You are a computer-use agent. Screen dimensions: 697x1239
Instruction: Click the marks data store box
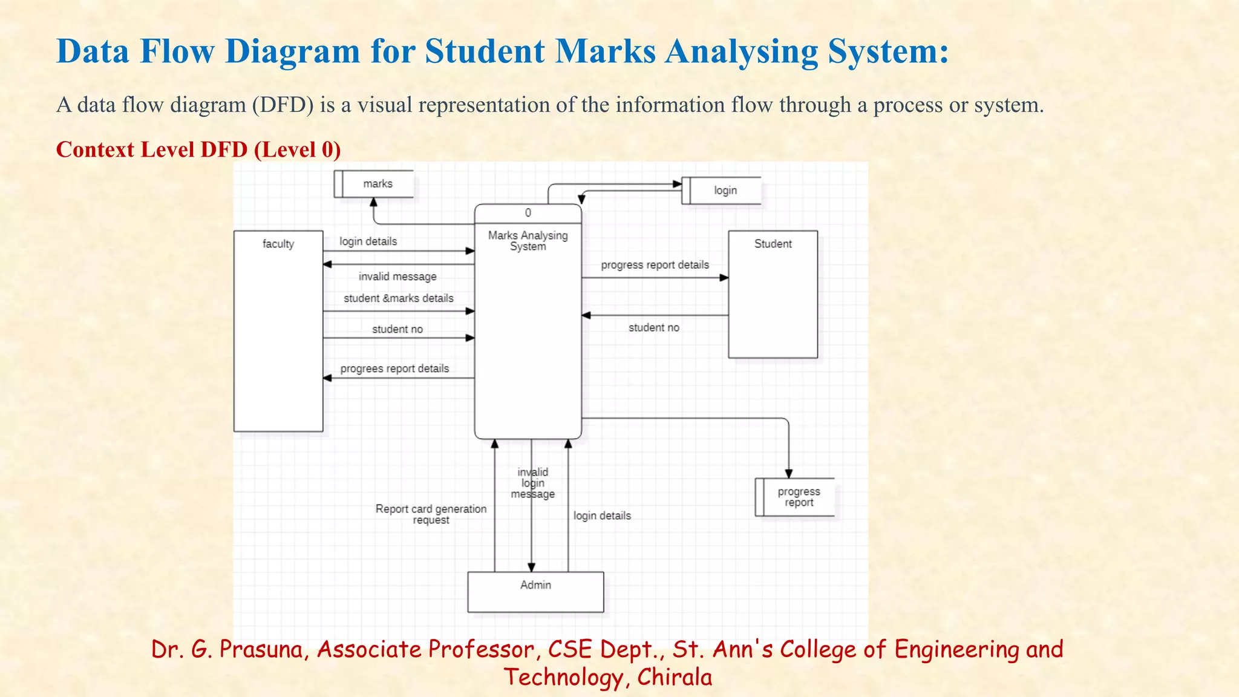pos(374,184)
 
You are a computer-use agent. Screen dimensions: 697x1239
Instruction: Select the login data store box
pos(722,191)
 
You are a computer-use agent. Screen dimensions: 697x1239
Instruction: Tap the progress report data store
pos(796,497)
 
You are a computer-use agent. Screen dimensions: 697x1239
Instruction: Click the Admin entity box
pos(535,592)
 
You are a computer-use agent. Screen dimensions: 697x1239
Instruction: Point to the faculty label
pos(278,244)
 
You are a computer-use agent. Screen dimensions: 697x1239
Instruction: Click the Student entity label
pos(773,244)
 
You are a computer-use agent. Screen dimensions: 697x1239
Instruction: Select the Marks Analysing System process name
pos(528,241)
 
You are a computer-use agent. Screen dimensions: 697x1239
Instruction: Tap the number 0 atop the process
pos(528,213)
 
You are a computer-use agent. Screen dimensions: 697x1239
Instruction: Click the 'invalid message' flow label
pos(397,277)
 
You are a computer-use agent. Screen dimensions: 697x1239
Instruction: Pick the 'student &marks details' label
pos(398,298)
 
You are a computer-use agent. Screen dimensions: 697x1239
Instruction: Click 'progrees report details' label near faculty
pos(394,368)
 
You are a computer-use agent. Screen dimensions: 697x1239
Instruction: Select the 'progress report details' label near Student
pos(655,265)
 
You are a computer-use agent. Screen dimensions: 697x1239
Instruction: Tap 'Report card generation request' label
pos(431,514)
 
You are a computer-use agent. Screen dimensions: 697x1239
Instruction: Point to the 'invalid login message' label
pos(532,483)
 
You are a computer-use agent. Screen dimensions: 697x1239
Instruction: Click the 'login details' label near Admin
pos(602,515)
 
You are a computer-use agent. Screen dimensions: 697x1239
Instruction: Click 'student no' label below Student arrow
pos(653,327)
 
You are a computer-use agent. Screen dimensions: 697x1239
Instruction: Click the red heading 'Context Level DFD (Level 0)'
pos(198,149)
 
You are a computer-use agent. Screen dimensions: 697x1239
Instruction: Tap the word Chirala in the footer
pos(674,677)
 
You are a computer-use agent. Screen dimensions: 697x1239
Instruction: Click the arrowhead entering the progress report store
pos(788,474)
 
